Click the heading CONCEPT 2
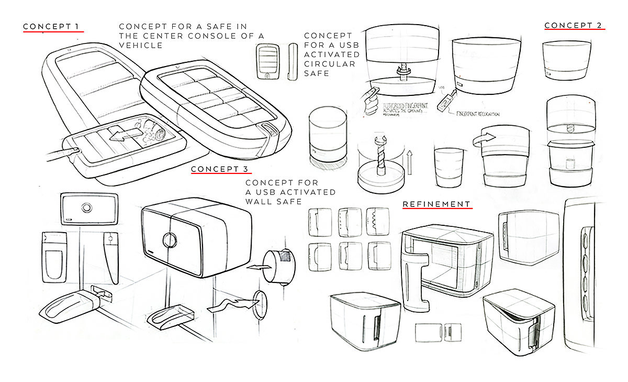(x=574, y=25)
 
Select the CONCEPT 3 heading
(x=220, y=169)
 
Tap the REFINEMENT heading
(x=437, y=203)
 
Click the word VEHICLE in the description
(x=141, y=46)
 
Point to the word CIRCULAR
(x=330, y=64)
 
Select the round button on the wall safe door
(x=169, y=239)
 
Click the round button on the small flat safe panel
(x=86, y=208)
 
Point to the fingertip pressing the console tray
(x=75, y=150)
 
